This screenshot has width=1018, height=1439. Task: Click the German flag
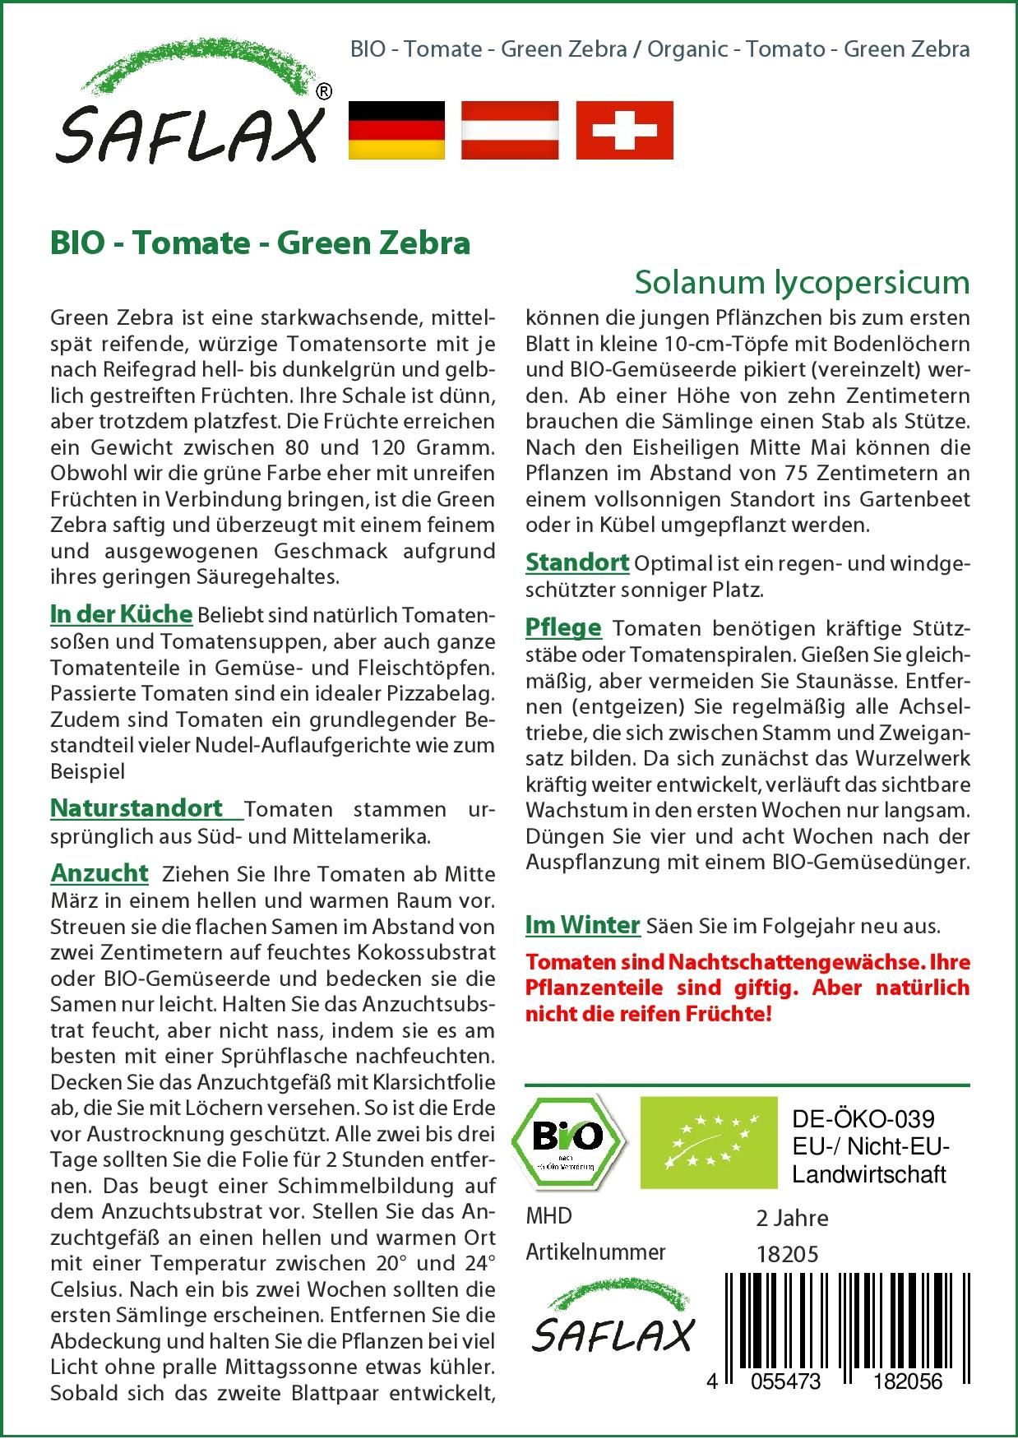[396, 130]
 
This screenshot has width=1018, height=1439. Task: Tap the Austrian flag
[510, 130]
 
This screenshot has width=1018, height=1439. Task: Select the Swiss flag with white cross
[624, 130]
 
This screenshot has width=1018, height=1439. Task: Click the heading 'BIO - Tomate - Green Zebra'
[260, 243]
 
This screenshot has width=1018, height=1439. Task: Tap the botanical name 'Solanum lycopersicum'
[802, 282]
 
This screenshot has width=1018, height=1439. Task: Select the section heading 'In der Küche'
[121, 614]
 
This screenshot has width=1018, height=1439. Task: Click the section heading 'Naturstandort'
[137, 808]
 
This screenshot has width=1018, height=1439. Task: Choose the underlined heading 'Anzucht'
[99, 872]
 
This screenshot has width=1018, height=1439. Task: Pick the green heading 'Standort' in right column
[577, 562]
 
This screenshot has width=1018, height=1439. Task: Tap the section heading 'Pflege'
[563, 628]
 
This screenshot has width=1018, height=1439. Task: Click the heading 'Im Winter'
[582, 925]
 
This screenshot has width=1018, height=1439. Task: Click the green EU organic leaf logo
[708, 1141]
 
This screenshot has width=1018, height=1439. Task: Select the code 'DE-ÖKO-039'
[863, 1119]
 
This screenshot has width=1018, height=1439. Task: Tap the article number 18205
[787, 1254]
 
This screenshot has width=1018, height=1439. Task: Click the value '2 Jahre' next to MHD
[792, 1218]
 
